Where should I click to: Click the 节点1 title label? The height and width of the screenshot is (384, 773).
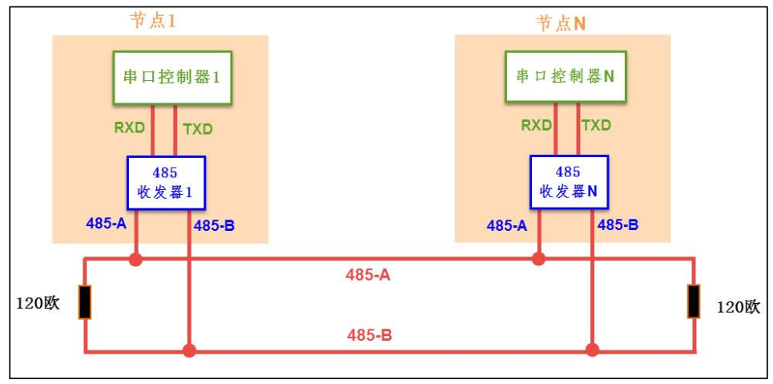coord(153,21)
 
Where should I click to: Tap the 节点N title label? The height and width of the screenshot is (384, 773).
coord(561,22)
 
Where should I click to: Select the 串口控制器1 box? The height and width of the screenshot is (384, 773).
coord(172,78)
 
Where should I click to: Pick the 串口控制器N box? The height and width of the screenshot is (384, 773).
coord(565,77)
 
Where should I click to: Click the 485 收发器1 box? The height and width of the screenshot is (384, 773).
coord(166,183)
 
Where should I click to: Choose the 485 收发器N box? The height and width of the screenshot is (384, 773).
coord(568,183)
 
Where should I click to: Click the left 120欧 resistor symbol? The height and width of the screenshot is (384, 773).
coord(84,302)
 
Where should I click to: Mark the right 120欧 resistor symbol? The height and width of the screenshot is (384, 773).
coord(694,301)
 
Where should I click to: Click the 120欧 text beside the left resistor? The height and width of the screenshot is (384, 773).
coord(38,304)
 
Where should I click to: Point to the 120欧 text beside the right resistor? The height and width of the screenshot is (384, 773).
coord(737,306)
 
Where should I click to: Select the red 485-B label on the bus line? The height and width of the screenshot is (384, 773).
coord(369,335)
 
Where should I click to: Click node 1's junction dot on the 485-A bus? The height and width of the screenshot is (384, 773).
coord(136,259)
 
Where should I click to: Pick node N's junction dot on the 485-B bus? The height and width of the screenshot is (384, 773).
coord(592,350)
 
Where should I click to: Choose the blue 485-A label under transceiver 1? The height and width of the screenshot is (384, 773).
coord(107,224)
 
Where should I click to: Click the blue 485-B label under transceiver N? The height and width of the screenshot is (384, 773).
coord(618,224)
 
